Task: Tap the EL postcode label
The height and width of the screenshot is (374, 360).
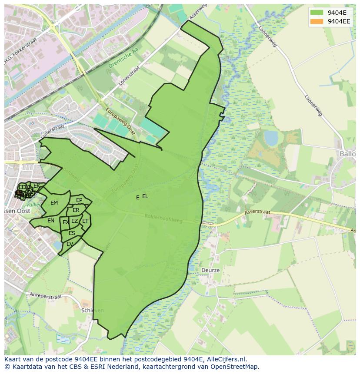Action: pyautogui.click(x=145, y=196)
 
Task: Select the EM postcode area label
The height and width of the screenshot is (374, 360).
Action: pyautogui.click(x=54, y=203)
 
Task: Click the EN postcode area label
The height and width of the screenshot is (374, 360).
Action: pyautogui.click(x=51, y=221)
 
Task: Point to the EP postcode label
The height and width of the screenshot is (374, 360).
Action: pyautogui.click(x=79, y=200)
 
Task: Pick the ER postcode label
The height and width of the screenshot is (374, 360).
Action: pyautogui.click(x=76, y=210)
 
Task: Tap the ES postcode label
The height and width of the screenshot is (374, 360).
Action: pyautogui.click(x=72, y=233)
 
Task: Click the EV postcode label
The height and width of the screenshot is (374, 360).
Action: pyautogui.click(x=70, y=244)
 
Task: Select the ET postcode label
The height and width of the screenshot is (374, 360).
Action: pyautogui.click(x=85, y=221)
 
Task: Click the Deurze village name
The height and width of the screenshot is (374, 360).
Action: pyautogui.click(x=210, y=270)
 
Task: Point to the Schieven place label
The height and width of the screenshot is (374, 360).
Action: pyautogui.click(x=92, y=311)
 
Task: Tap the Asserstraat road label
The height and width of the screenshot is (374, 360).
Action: pyautogui.click(x=257, y=212)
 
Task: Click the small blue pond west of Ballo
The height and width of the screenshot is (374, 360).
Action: pyautogui.click(x=271, y=138)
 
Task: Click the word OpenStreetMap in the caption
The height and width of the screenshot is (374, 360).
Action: pyautogui.click(x=237, y=367)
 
